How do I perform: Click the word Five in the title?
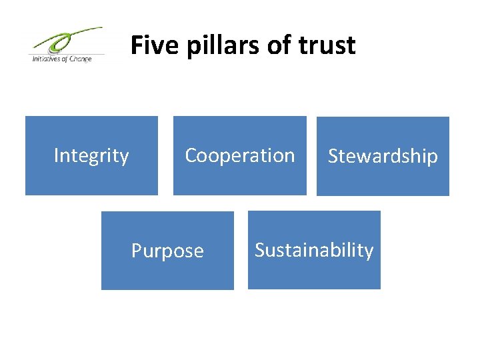pos(148,45)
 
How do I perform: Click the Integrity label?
pos(91,155)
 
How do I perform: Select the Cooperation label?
pos(239,155)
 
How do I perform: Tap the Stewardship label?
pos(383,156)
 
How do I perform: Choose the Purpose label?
pos(167,251)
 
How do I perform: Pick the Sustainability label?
pos(314,250)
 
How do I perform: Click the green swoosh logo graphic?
pos(67,42)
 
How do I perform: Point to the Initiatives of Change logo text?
pos(61,59)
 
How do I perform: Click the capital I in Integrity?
pos(56,155)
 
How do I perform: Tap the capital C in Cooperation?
pos(191,155)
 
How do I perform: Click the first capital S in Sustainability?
pos(260,250)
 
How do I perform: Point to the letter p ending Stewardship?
pos(433,158)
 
